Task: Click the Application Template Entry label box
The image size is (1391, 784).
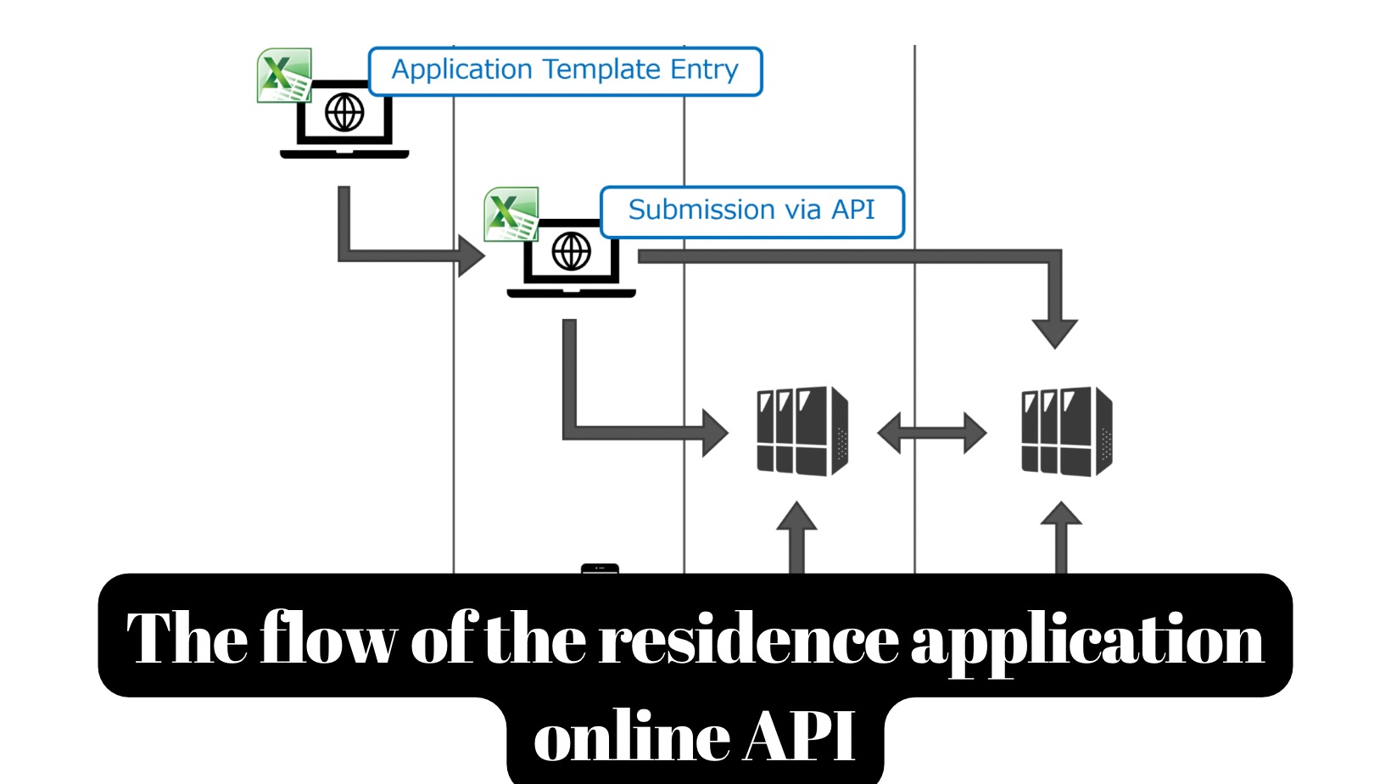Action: coord(565,71)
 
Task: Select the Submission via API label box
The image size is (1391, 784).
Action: coord(751,212)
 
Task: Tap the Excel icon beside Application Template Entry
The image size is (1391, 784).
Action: coord(284,76)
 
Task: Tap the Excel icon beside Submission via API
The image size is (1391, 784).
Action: coord(511,214)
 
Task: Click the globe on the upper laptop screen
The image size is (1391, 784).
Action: coord(344,112)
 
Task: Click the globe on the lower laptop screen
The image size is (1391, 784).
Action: coord(571,252)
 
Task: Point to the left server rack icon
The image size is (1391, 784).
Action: coord(802,431)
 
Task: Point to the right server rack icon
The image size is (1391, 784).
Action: coord(1066,431)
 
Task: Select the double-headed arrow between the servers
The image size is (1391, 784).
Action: coord(931,434)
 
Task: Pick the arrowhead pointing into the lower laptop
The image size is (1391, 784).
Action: coord(469,255)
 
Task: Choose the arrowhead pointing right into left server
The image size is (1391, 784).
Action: coord(714,433)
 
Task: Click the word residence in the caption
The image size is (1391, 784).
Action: coord(748,640)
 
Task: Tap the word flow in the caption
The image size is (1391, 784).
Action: coord(327,638)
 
